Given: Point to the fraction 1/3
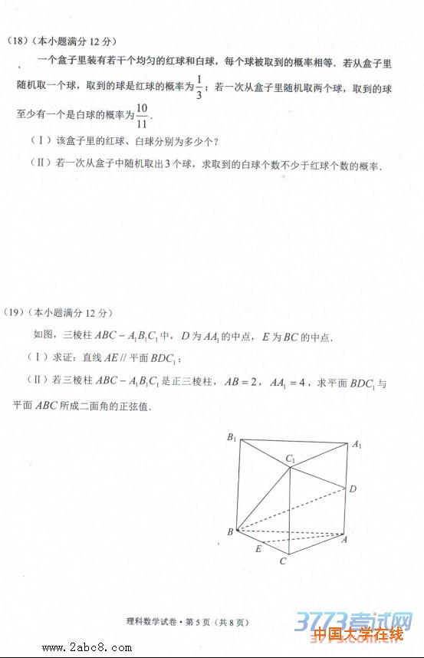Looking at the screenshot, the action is (199, 87).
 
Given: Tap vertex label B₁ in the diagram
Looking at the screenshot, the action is (231, 437).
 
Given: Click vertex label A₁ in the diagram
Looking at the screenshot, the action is (357, 444).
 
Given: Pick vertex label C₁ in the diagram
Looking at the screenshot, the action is (291, 459).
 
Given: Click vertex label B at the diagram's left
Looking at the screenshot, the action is (229, 531).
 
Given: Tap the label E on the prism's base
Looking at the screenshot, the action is (258, 549).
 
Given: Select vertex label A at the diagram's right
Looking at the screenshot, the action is (345, 539).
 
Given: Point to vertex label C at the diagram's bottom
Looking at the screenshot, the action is (283, 561).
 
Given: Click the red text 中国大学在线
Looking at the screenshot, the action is (358, 634).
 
